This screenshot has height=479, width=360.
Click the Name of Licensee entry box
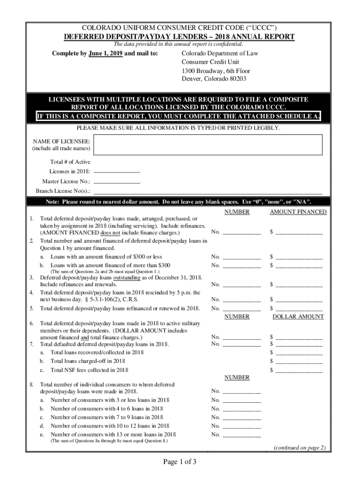[x=208, y=145]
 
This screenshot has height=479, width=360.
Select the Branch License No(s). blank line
[x=208, y=192]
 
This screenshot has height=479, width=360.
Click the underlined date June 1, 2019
[x=106, y=54]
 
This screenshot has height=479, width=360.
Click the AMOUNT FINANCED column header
[x=298, y=212]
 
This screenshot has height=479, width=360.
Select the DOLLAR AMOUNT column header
[x=298, y=317]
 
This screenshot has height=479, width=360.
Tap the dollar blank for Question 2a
[x=299, y=257]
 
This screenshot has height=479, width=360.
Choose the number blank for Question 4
[x=241, y=300]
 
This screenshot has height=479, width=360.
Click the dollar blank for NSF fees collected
[x=299, y=370]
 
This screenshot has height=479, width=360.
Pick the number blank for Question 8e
[x=241, y=435]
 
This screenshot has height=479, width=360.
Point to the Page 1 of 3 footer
[x=180, y=463]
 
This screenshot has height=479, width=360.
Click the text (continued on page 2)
[x=299, y=448]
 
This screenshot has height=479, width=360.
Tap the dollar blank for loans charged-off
[x=299, y=362]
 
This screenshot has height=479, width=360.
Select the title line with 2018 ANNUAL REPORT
[x=179, y=37]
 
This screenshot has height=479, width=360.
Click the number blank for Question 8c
[x=241, y=417]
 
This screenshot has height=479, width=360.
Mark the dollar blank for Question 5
[x=299, y=309]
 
